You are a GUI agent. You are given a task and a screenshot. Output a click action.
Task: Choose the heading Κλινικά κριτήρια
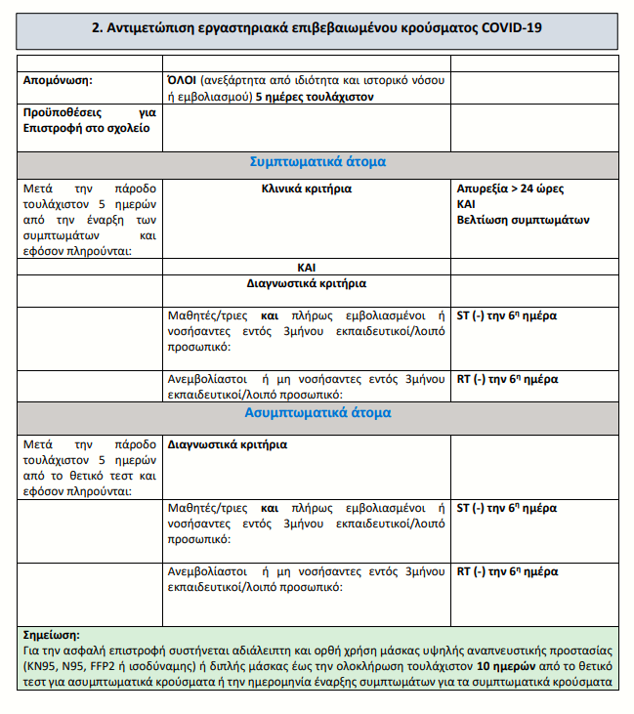click(306, 189)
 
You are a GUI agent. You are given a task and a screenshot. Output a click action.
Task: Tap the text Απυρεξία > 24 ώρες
click(510, 189)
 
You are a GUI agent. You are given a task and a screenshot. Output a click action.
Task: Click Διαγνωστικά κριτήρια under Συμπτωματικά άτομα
click(306, 284)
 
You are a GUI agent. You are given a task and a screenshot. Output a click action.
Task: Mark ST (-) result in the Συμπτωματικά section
click(506, 315)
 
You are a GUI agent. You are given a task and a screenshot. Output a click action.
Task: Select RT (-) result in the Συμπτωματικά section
click(506, 379)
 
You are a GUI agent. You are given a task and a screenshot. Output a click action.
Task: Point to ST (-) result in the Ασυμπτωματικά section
click(506, 508)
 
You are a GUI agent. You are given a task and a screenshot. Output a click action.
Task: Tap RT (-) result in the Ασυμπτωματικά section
click(506, 571)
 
